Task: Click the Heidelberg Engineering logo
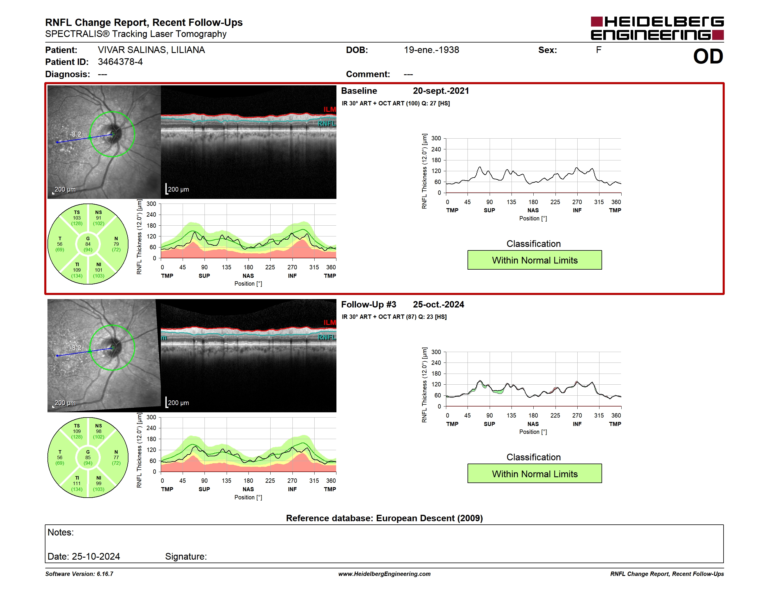coord(657,28)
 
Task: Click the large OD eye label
coord(708,57)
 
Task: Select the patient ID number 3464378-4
coord(120,62)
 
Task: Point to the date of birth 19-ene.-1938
coord(431,50)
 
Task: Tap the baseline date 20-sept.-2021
coord(441,91)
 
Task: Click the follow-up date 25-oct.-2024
coord(438,304)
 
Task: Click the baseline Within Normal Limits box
coord(535,260)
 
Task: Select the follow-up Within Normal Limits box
coord(535,474)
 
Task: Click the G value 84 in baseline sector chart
coord(88,244)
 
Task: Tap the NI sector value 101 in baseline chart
coord(98,270)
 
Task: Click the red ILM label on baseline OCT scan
coord(329,109)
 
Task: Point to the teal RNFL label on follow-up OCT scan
coord(327,337)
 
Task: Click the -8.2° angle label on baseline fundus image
coord(77,134)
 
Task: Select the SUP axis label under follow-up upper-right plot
coord(489,424)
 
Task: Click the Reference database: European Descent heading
coord(384,518)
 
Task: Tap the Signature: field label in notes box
coord(186,556)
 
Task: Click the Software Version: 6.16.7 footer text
coord(79,574)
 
